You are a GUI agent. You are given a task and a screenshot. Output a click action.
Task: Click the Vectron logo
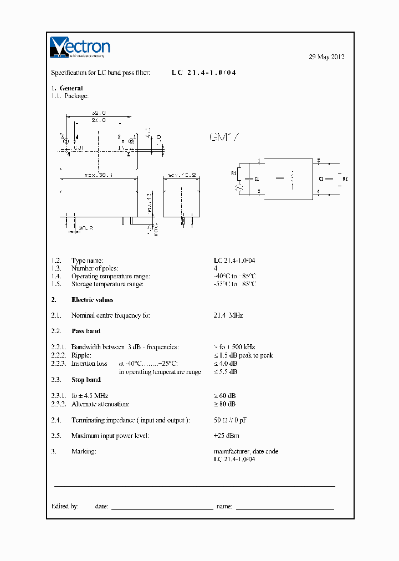(x=80, y=47)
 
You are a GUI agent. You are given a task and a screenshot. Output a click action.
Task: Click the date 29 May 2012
(x=326, y=57)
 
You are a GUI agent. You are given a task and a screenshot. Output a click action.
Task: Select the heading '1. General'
(x=67, y=88)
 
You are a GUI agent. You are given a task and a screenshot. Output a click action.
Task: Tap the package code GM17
(x=223, y=137)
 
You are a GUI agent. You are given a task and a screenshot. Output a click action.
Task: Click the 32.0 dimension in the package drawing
(x=98, y=113)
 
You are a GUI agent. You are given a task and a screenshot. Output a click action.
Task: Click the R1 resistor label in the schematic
(x=234, y=173)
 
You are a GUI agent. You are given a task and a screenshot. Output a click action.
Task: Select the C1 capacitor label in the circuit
(x=256, y=178)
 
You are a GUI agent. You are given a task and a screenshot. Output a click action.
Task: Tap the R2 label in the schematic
(x=345, y=178)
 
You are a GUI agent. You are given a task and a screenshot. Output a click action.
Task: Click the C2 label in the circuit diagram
(x=321, y=178)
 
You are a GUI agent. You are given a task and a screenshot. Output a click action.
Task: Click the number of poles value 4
(x=216, y=268)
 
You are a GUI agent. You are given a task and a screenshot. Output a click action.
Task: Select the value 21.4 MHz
(x=228, y=315)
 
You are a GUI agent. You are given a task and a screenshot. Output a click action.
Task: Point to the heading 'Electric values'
(x=93, y=300)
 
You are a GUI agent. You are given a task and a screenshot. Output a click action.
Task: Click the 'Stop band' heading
(x=86, y=380)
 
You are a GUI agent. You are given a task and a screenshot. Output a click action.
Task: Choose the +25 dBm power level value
(x=227, y=436)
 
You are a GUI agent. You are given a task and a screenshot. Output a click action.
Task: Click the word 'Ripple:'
(x=81, y=355)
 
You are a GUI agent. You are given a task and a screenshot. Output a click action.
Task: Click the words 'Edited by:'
(x=65, y=506)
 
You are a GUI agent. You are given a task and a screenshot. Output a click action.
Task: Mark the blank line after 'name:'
(x=285, y=508)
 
